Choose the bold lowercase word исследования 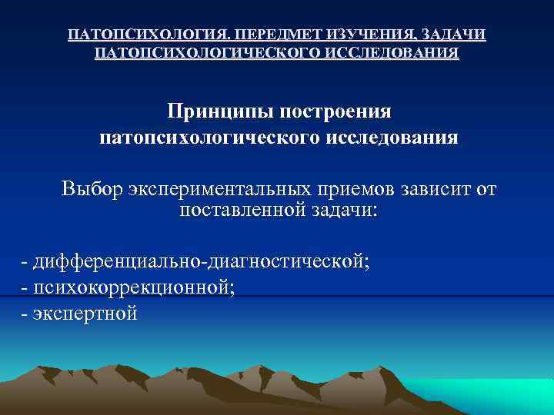[397, 138]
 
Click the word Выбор [92, 189]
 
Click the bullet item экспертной [85, 313]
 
